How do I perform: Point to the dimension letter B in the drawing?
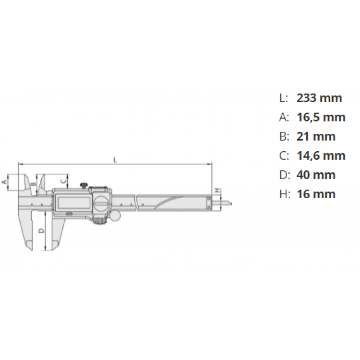33,184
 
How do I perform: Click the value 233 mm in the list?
319,98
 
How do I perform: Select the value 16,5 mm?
321,117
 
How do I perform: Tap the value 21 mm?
316,136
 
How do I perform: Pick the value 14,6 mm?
321,156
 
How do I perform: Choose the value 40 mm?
316,175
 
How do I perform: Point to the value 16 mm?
316,194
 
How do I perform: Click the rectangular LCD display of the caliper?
72,203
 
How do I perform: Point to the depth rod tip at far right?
230,205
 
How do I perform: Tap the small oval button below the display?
69,214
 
